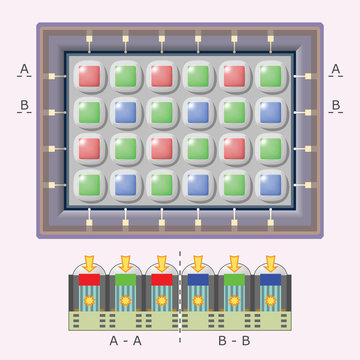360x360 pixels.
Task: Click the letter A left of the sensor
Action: click(24, 69)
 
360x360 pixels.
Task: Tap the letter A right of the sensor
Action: click(336, 69)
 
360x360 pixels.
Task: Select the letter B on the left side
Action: click(24, 104)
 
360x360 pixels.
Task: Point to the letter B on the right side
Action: click(336, 104)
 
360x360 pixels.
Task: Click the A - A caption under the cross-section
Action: click(125, 341)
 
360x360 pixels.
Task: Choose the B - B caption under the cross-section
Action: click(235, 341)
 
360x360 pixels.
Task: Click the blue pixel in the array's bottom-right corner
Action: click(270, 184)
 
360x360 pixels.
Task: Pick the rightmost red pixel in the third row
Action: click(234, 148)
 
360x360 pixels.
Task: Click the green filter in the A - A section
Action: click(125, 281)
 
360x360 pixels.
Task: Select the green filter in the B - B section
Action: click(235, 281)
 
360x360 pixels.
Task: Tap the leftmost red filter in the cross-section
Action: click(90, 281)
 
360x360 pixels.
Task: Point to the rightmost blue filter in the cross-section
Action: click(270, 281)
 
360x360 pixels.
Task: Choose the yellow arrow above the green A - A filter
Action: click(125, 263)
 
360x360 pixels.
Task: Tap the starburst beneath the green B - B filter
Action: click(235, 299)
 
